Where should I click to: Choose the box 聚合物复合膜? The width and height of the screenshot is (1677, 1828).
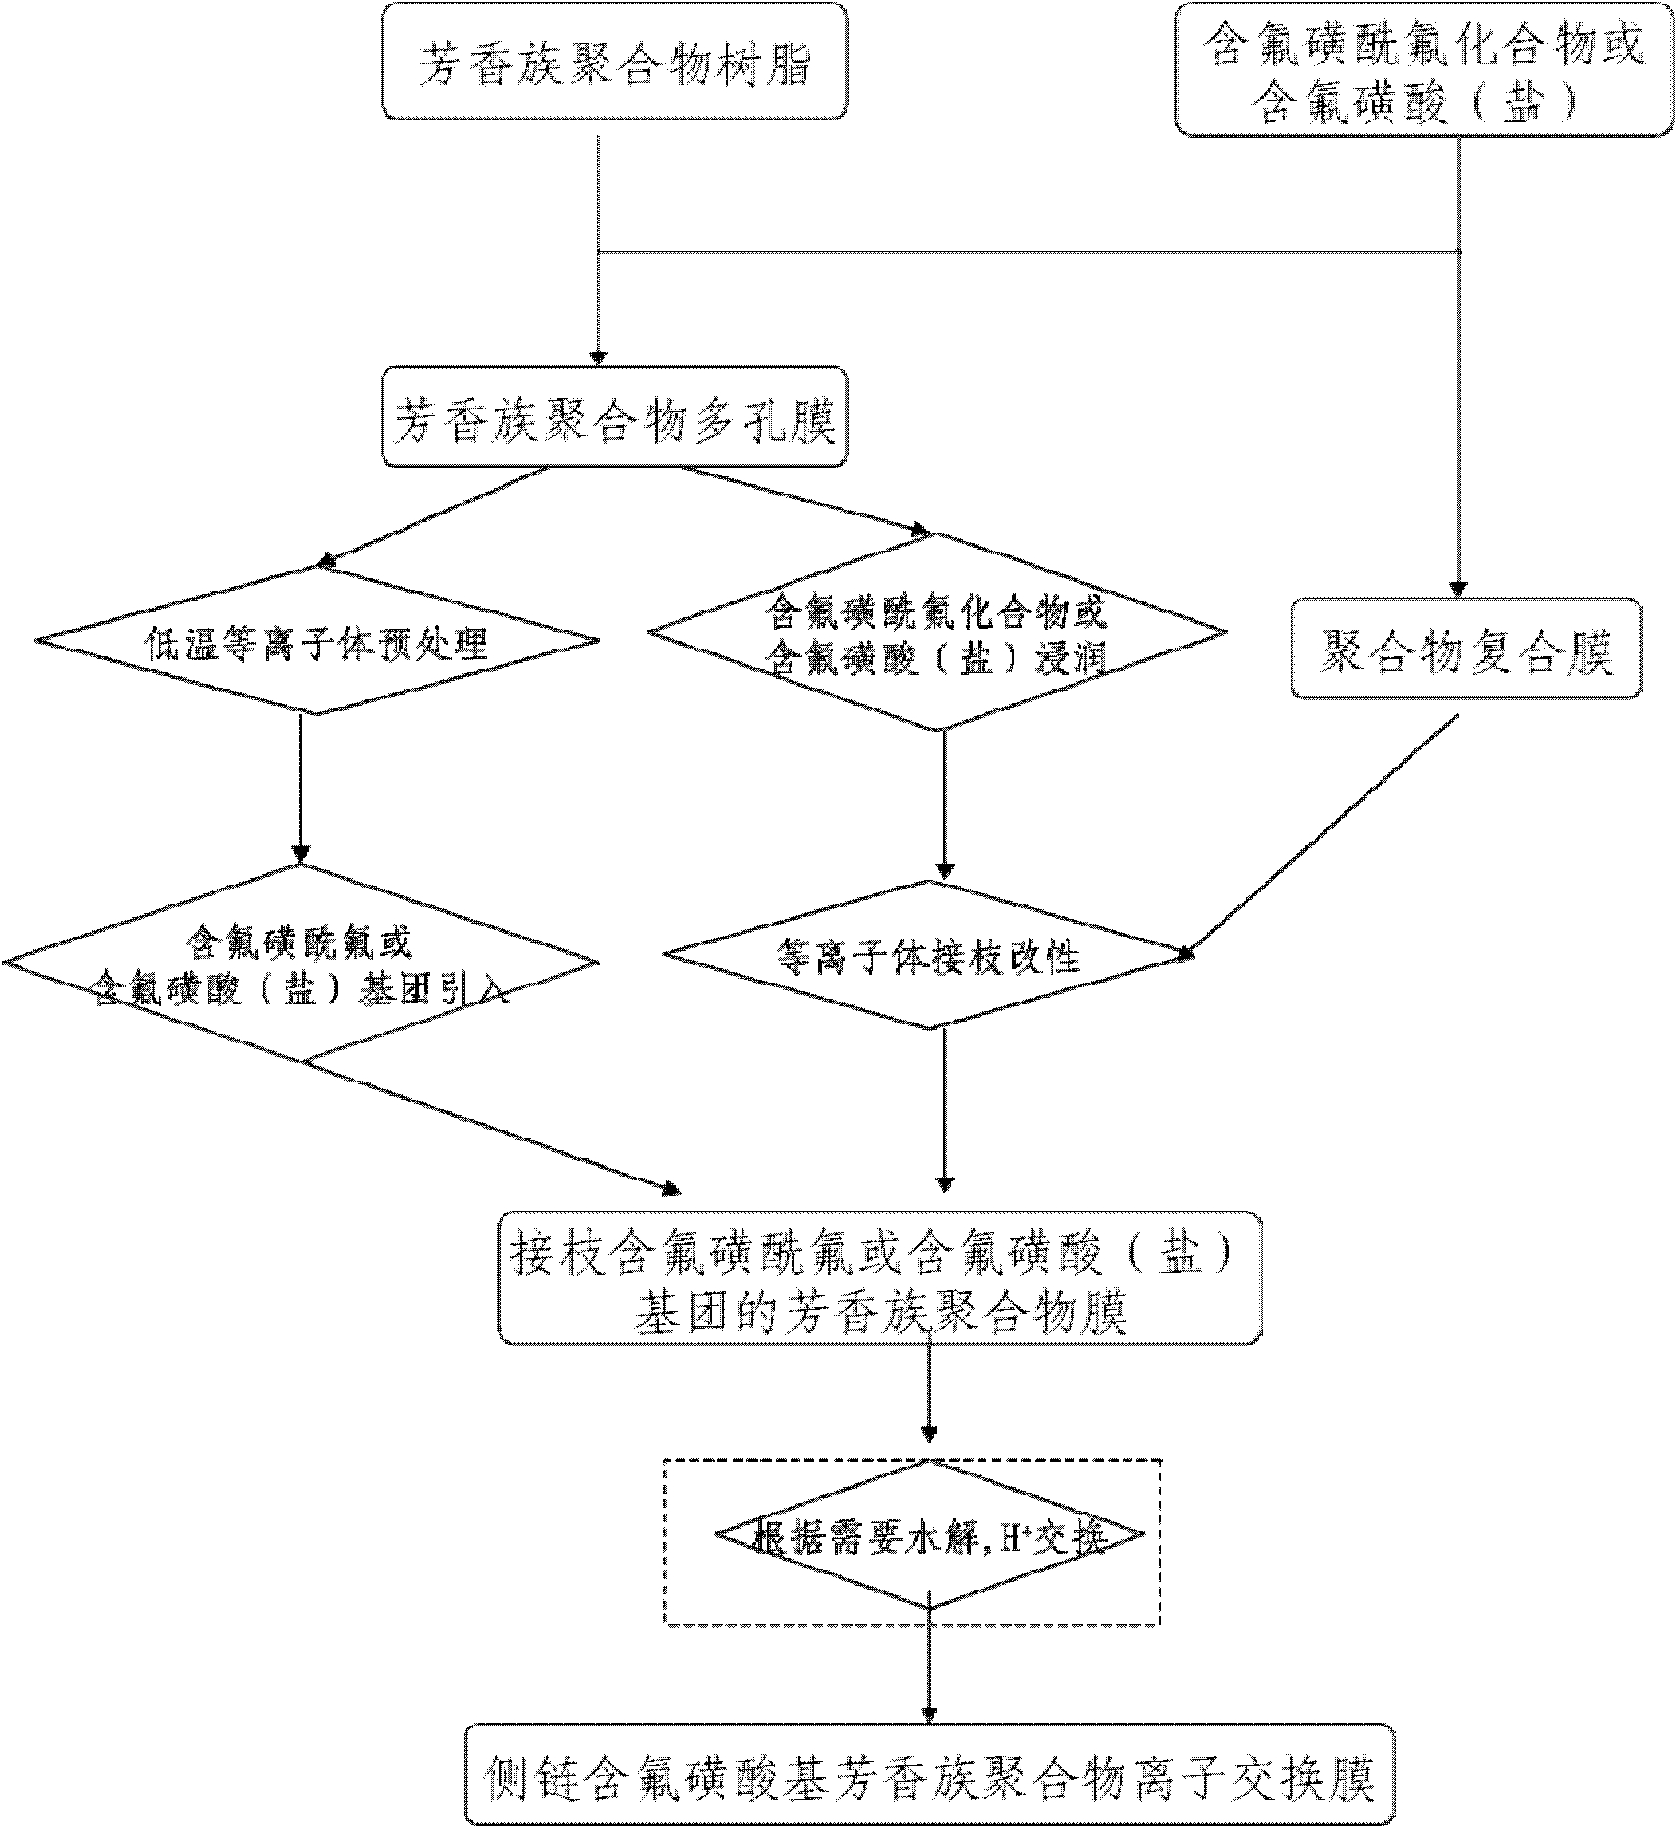point(1465,649)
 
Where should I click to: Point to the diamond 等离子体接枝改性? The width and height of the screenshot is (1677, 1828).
point(928,954)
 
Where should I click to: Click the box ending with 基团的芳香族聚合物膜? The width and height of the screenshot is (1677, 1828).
point(880,1278)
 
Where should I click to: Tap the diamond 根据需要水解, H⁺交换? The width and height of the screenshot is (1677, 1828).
point(929,1539)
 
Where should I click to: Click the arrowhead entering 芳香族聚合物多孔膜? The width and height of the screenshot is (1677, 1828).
point(599,357)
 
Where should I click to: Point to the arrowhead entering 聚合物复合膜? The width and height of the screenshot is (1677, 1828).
point(1459,587)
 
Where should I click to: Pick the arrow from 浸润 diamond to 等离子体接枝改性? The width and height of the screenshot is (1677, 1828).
point(944,803)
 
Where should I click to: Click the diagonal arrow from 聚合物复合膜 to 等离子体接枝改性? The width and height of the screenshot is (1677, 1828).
point(1322,833)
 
